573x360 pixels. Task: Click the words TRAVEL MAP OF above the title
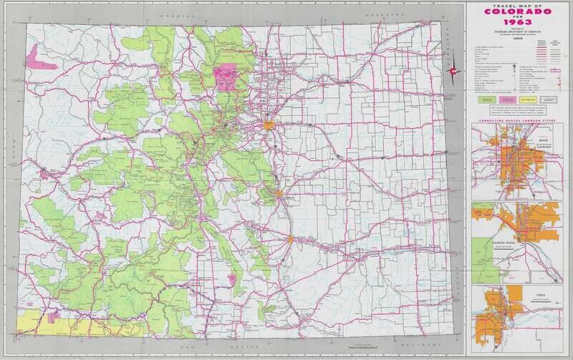pos(515,6)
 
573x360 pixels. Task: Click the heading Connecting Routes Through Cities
pos(516,122)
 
